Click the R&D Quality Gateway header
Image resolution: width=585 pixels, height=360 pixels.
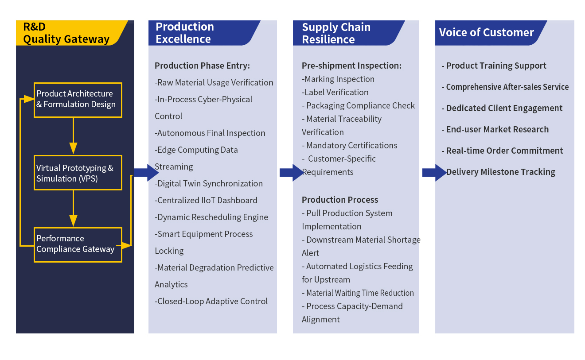point(66,33)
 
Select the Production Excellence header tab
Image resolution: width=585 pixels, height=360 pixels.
point(185,33)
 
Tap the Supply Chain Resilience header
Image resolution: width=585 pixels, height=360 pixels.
point(336,33)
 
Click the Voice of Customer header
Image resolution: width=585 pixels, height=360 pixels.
point(486,33)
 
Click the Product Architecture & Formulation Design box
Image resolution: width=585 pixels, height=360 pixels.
point(78,100)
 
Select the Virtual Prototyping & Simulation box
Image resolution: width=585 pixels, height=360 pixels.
point(78,173)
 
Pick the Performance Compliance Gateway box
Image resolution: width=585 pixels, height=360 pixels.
point(78,244)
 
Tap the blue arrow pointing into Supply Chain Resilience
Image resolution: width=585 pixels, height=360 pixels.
point(290,173)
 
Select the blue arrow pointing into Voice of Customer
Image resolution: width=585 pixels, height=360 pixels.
point(434,173)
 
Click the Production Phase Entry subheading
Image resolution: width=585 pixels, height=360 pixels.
point(202,66)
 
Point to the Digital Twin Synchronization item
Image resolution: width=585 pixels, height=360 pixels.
point(209,184)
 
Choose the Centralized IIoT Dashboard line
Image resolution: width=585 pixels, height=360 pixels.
point(206,201)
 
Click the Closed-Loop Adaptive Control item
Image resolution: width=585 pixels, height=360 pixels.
point(211,302)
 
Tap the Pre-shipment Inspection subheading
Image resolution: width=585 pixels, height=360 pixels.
point(351,66)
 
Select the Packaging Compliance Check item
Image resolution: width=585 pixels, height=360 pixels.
point(359,106)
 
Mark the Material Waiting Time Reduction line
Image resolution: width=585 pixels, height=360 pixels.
point(358,293)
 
